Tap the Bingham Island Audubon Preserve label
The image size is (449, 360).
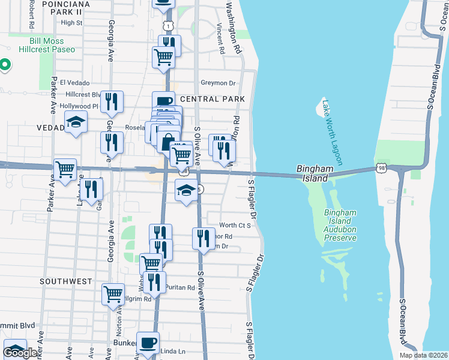pos(340,225)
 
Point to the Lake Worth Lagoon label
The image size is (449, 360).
pos(331,133)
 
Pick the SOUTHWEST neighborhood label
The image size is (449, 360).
pos(64,281)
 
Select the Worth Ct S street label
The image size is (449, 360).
pos(234,224)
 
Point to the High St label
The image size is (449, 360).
pos(71,23)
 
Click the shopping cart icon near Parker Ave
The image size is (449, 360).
pos(65,168)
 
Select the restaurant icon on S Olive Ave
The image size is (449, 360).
pos(203,237)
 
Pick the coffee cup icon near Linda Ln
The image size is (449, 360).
pos(148,343)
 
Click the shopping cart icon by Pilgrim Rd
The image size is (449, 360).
pos(113,294)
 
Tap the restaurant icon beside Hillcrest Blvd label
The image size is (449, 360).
pos(111,101)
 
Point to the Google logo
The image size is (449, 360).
pos(20,353)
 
